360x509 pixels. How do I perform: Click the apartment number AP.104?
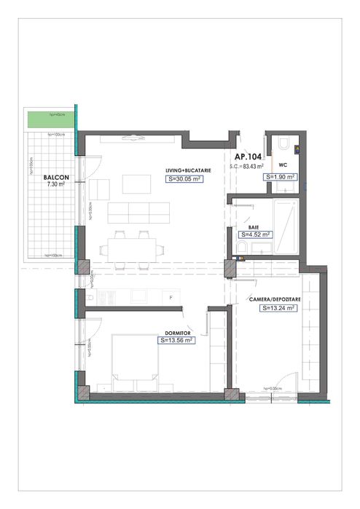[248, 157]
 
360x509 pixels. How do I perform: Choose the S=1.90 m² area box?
[281, 176]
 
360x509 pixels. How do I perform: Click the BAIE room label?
[254, 226]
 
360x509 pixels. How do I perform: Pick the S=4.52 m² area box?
[255, 234]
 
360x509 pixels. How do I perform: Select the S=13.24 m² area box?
[278, 308]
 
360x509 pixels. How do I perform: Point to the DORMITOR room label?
[177, 332]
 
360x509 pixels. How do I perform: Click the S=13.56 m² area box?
[176, 340]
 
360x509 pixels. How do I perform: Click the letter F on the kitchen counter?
[171, 299]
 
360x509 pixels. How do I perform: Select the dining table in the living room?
[132, 248]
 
